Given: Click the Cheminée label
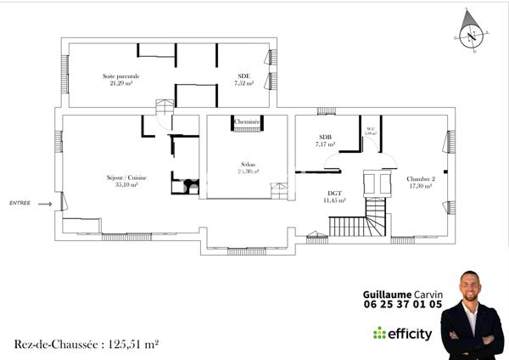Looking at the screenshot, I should coord(247,122).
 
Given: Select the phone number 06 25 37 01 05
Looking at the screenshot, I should coord(402,304).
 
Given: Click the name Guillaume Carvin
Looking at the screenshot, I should coord(402,293).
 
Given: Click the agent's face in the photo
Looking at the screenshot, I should coord(472,287).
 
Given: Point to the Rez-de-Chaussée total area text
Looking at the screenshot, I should coord(87,344).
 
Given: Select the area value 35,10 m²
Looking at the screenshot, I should coord(126,185).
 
